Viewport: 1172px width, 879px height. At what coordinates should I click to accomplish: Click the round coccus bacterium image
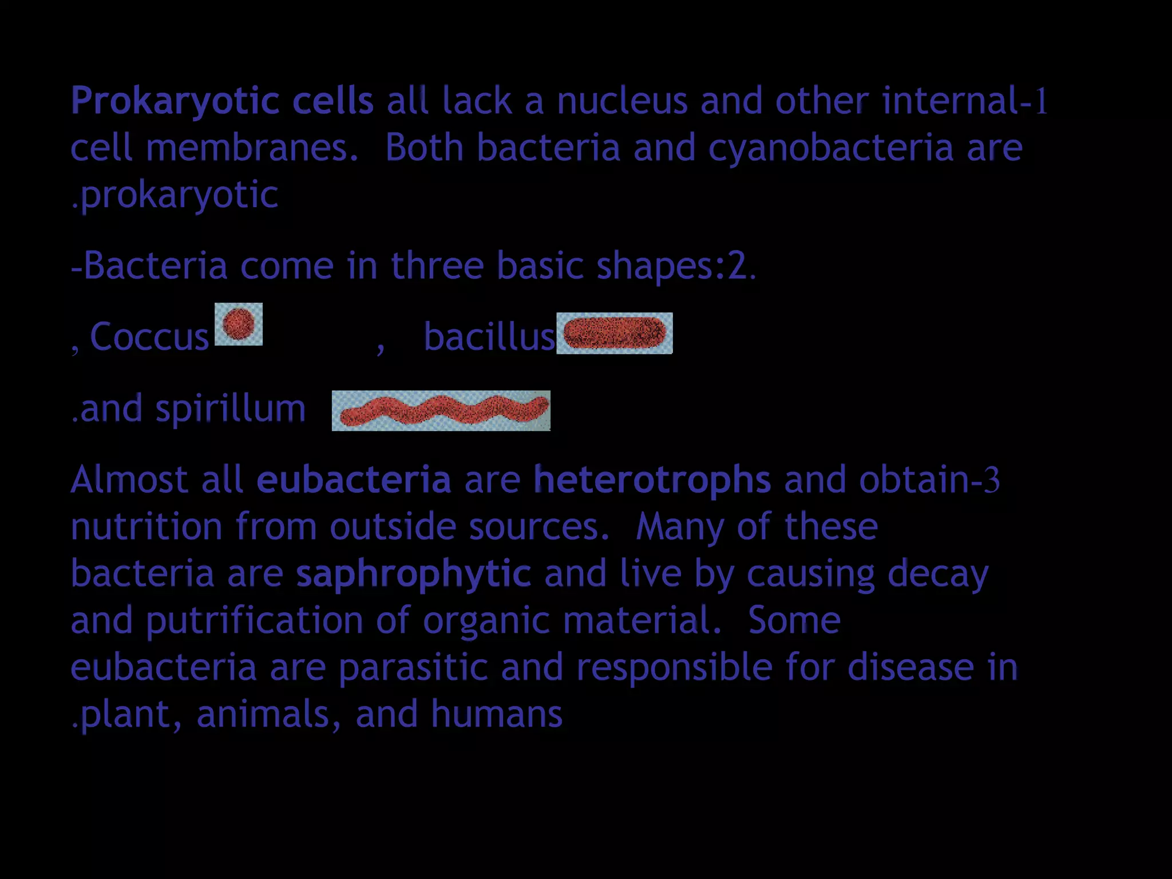(239, 324)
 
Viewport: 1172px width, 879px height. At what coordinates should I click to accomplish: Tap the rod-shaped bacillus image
(614, 333)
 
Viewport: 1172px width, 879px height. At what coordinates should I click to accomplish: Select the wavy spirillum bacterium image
(441, 410)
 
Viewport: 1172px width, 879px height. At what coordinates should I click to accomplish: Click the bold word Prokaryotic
(175, 101)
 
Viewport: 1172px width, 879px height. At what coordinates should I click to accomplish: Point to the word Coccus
(149, 336)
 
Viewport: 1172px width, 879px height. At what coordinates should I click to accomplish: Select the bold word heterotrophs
(652, 480)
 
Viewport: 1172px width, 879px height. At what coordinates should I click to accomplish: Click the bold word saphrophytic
(413, 573)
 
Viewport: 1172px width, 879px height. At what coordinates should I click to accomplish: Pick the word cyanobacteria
(831, 148)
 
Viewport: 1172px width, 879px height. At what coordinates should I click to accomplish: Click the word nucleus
(621, 101)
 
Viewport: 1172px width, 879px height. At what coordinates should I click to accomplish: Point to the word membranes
(252, 148)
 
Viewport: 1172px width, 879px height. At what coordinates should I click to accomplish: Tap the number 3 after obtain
(992, 480)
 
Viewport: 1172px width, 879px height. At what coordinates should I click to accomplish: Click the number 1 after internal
(1041, 101)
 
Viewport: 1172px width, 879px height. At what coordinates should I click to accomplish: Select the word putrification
(254, 621)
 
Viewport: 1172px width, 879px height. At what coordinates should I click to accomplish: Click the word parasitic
(413, 668)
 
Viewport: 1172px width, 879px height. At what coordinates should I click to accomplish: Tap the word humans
(497, 714)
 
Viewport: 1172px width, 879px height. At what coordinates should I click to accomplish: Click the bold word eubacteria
(354, 480)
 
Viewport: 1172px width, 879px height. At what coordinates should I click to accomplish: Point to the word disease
(910, 668)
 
